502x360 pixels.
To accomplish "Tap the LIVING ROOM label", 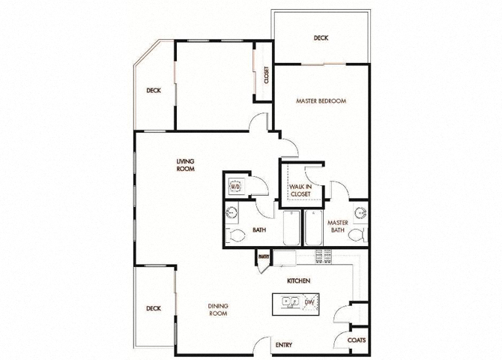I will click(185, 165).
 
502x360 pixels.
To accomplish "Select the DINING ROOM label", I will click(219, 310).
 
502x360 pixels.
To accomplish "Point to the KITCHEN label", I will click(299, 280).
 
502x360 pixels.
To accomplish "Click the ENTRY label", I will click(283, 345).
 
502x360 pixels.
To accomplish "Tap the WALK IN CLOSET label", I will click(300, 189).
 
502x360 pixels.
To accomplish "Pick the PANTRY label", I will click(263, 257).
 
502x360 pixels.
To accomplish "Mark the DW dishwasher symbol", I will click(309, 302).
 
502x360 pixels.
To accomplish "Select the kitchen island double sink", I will click(288, 302).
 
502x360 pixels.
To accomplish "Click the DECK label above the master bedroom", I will click(321, 38).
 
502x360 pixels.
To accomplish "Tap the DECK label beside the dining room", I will click(154, 308).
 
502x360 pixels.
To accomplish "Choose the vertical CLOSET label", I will click(264, 74).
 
